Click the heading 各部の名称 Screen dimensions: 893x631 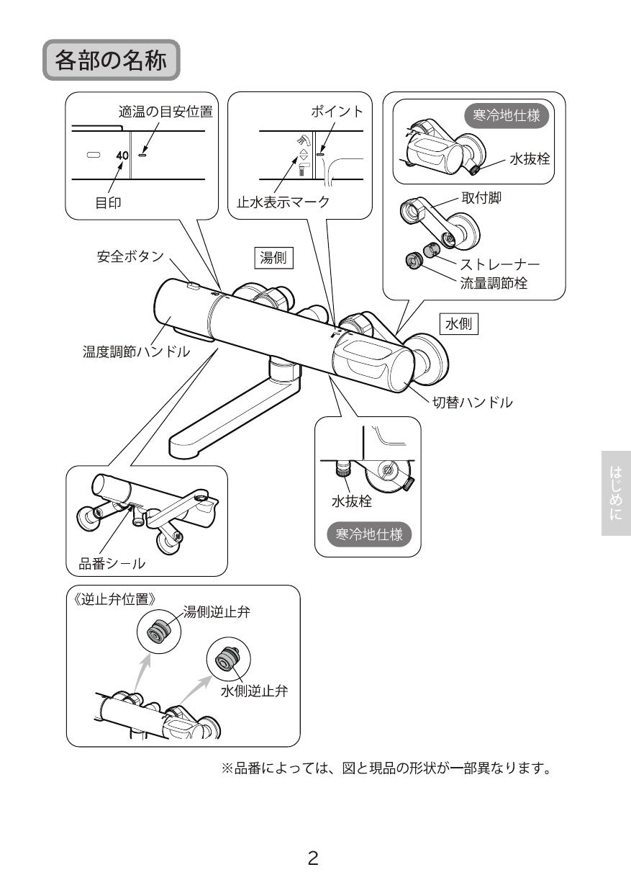[x=111, y=60]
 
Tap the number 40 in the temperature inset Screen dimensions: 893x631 [x=122, y=155]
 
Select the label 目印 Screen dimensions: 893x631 [x=108, y=202]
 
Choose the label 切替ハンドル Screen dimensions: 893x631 [x=472, y=403]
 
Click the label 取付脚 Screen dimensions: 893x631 [x=481, y=199]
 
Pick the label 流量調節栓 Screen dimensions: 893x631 [x=494, y=283]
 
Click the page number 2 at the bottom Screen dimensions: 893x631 [x=313, y=858]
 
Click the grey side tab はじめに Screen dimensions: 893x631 [x=616, y=493]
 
